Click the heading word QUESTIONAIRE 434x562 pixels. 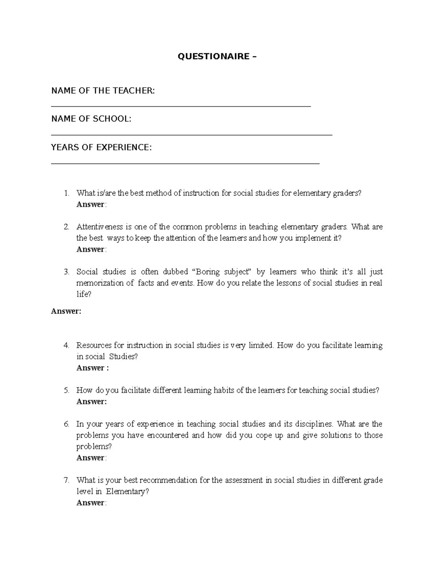213,56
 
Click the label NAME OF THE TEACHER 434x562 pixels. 103,90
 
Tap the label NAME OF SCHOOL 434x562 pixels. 91,119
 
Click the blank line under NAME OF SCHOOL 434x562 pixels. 192,135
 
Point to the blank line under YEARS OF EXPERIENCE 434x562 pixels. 186,164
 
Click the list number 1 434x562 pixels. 66,193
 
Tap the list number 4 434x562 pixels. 66,346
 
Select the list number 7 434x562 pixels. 66,481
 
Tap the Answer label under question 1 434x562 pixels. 91,204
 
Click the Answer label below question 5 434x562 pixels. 92,402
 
